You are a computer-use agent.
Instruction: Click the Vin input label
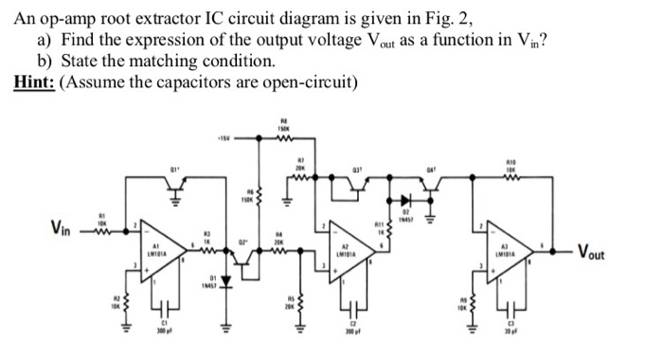pyautogui.click(x=64, y=228)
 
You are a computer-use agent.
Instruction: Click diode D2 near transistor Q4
pyautogui.click(x=408, y=202)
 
